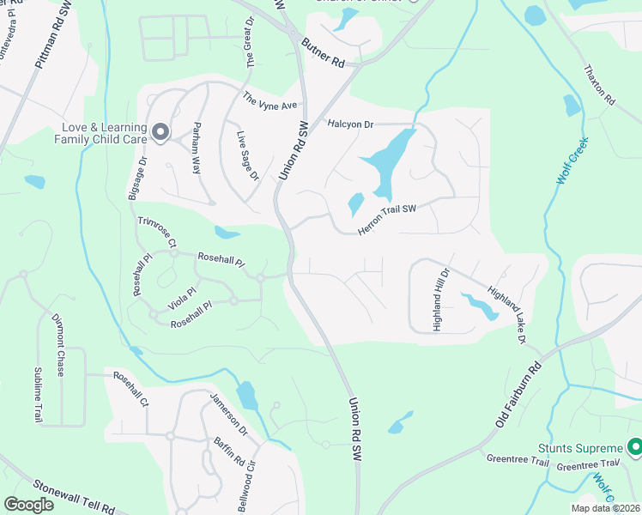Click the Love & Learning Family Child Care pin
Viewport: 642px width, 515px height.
pos(160,131)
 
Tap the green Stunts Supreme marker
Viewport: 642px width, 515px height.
pos(635,447)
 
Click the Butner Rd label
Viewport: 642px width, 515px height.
pos(327,64)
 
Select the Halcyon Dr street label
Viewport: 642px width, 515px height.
pos(350,124)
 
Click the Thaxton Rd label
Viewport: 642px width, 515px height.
pos(599,86)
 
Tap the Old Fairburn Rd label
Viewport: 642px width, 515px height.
pos(519,396)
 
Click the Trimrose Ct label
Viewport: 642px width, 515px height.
pos(154,233)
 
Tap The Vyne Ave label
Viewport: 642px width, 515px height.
pos(270,100)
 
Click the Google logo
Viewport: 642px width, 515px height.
pos(27,505)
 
